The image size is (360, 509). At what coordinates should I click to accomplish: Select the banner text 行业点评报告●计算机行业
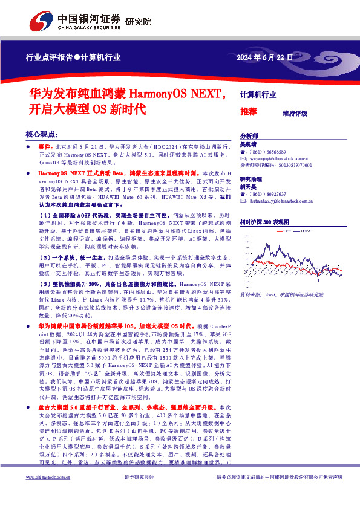click(x=73, y=58)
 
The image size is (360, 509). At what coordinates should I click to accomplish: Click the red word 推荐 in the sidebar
click(x=248, y=112)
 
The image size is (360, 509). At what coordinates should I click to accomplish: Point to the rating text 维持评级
click(x=295, y=113)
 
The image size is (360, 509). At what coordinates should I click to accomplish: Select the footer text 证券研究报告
click(x=139, y=494)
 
